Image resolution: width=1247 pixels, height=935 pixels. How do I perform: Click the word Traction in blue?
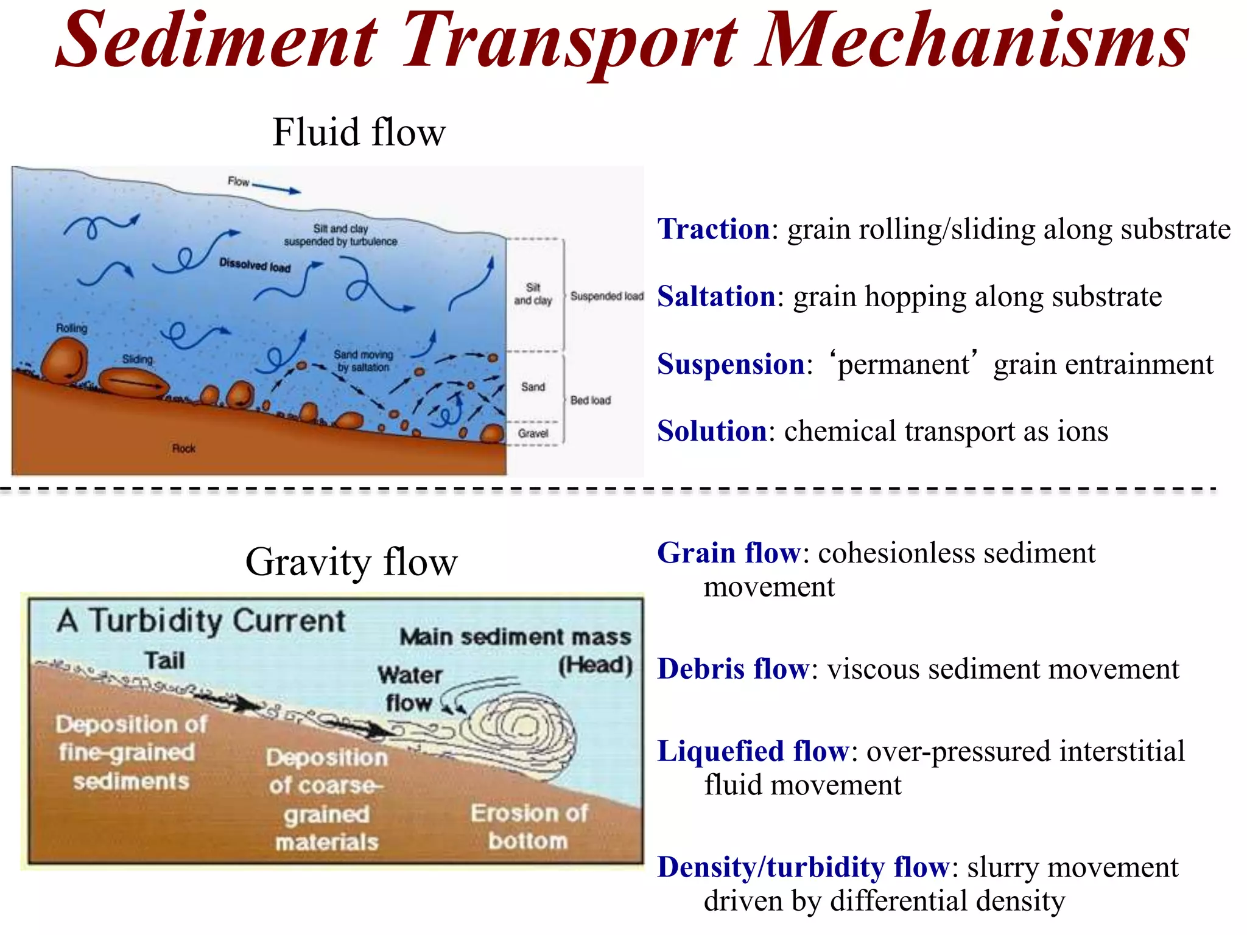[714, 229]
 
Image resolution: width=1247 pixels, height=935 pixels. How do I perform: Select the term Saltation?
[716, 297]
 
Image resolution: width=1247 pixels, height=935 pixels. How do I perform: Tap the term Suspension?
[731, 365]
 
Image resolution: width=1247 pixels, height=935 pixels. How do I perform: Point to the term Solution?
[711, 432]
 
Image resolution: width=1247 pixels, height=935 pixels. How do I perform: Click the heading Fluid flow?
[359, 132]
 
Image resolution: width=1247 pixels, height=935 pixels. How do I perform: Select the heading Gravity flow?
[351, 561]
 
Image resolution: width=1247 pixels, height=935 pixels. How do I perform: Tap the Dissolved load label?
[255, 265]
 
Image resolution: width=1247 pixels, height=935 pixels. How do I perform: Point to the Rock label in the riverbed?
[183, 449]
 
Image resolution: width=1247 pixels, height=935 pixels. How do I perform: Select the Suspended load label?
[606, 296]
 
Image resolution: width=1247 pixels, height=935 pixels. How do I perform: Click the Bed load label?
[590, 401]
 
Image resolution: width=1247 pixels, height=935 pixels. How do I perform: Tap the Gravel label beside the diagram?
[533, 433]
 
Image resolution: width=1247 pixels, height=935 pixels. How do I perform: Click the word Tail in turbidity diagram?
[164, 660]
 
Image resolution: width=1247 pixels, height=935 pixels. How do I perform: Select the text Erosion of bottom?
[529, 827]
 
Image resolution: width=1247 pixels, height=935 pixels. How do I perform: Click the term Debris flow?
[733, 669]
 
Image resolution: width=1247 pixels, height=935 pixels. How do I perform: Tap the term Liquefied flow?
[753, 751]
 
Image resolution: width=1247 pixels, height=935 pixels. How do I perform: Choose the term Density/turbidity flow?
[803, 867]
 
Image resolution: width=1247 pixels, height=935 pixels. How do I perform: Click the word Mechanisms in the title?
[972, 41]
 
